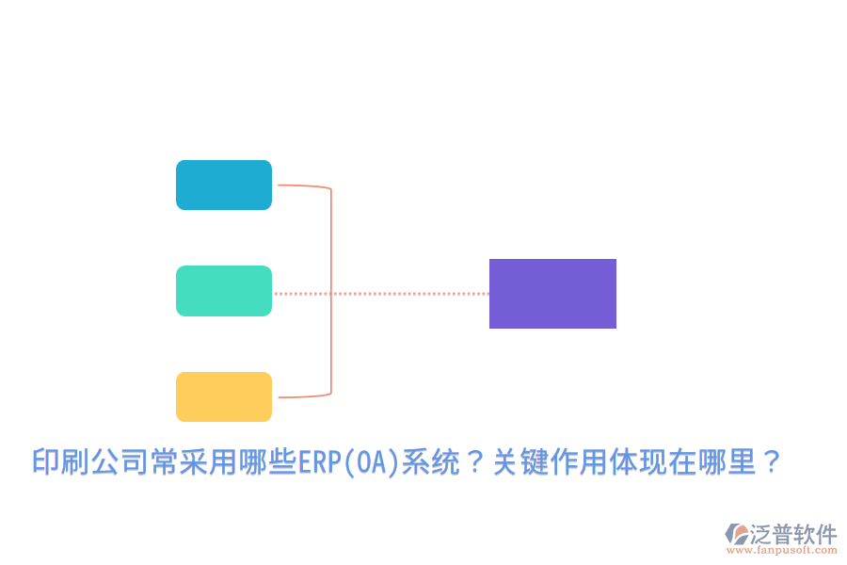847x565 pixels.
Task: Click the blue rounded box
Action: point(224,185)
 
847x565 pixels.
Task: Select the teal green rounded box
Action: point(224,291)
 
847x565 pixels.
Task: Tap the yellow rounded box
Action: point(224,396)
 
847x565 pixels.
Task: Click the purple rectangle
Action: point(552,294)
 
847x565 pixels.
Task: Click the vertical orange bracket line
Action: point(331,282)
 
